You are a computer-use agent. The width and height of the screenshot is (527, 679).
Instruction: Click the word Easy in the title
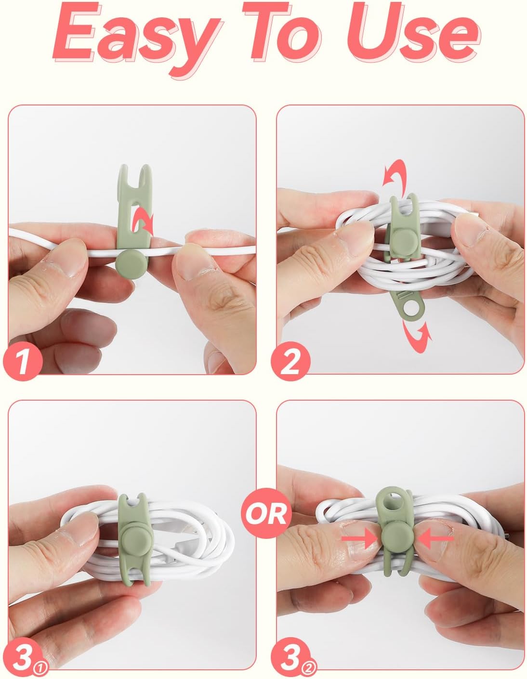[136, 38]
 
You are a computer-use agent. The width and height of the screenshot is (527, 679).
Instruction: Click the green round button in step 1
[130, 263]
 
